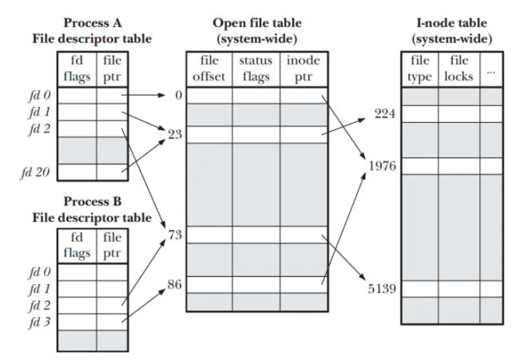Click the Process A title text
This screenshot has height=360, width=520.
pos(92,23)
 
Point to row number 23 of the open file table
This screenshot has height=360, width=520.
pos(176,134)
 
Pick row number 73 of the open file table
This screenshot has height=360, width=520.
pos(176,235)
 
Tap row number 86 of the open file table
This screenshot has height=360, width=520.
pos(176,284)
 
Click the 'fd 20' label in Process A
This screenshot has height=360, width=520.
pos(37,171)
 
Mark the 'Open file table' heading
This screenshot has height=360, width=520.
pos(256,23)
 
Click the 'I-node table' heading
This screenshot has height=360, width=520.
pos(451,23)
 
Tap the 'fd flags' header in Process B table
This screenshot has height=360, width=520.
pos(77,245)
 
